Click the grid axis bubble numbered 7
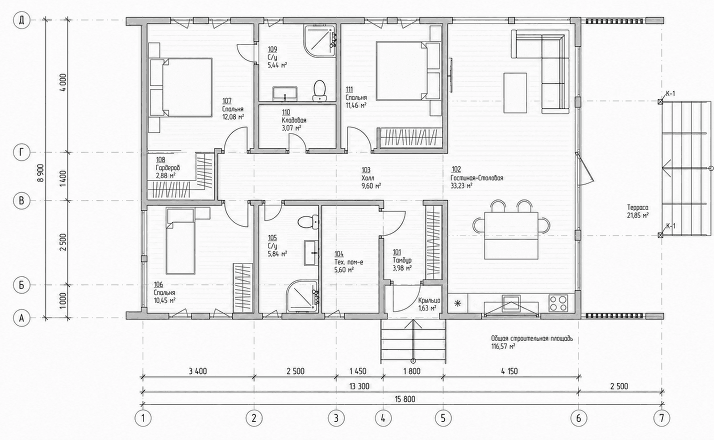[662, 418]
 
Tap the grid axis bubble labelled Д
[21, 21]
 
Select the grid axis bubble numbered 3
[336, 418]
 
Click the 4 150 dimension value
[509, 371]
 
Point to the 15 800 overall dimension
[405, 399]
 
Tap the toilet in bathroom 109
[319, 91]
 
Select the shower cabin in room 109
[319, 41]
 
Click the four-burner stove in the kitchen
[558, 303]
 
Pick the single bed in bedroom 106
[180, 241]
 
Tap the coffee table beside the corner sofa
[515, 93]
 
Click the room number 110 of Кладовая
[286, 112]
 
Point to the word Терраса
[638, 207]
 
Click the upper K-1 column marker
[660, 102]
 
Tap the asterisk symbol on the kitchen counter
[458, 303]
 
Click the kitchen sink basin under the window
[511, 302]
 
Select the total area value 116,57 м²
[503, 347]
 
